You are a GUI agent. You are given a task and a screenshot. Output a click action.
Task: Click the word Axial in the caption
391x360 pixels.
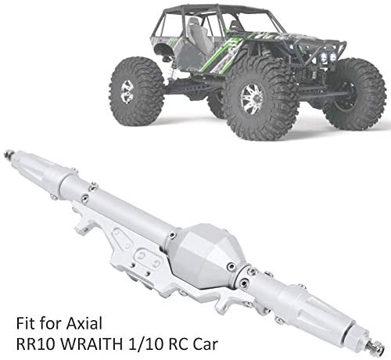[x=84, y=323]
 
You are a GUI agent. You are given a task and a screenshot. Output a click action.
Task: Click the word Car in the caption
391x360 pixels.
[x=204, y=344]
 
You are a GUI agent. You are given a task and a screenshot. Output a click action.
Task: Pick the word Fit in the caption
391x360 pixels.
[x=25, y=323]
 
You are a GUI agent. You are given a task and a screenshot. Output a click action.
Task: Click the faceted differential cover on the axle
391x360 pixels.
[x=203, y=255]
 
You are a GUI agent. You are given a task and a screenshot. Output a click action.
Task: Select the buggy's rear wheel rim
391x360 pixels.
[x=127, y=92]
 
